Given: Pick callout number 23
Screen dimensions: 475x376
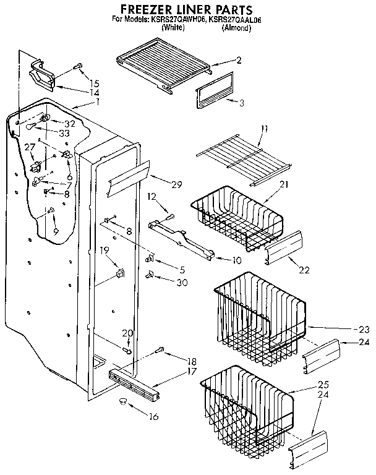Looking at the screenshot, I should pyautogui.click(x=364, y=329).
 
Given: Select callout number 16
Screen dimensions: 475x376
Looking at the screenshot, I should pyautogui.click(x=153, y=416).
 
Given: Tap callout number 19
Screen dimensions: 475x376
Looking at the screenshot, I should pyautogui.click(x=105, y=250).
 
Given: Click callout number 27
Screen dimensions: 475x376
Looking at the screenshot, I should pyautogui.click(x=29, y=147).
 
